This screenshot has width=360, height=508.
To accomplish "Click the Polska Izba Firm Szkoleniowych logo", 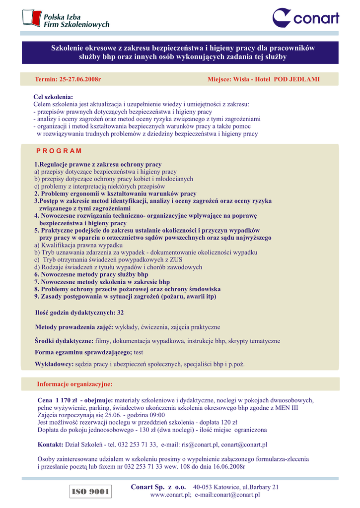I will [x=66, y=19].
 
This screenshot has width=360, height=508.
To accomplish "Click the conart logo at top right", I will [x=306, y=18].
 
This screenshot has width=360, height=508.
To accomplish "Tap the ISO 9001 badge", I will [x=90, y=492].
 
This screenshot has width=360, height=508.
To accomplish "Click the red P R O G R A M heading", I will [x=59, y=151].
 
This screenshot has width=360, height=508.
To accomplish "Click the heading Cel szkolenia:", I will [x=53, y=97].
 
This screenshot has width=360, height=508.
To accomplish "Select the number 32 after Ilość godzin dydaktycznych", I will [x=120, y=313].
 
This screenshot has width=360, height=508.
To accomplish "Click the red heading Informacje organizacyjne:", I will [x=74, y=384].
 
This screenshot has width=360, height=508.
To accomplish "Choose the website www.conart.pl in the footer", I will [x=171, y=495].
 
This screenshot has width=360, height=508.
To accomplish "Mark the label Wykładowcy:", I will [x=54, y=364].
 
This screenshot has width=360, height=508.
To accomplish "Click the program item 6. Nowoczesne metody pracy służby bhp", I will [x=91, y=274].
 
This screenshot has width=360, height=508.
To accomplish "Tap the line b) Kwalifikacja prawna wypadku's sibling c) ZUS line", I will [x=108, y=259].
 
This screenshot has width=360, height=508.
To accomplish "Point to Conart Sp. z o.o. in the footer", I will [x=158, y=487].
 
